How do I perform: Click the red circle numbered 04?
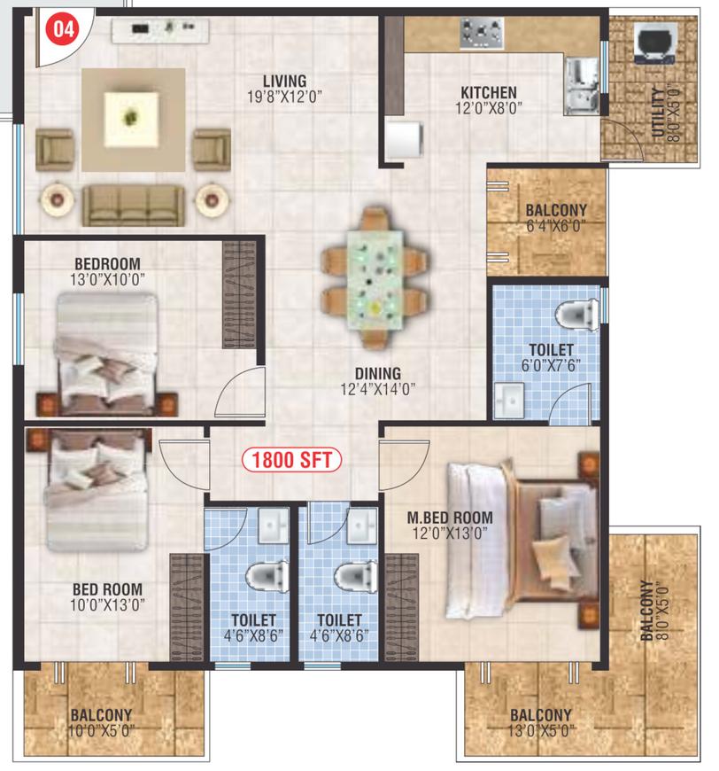(x=63, y=28)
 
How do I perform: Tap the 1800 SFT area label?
(x=292, y=460)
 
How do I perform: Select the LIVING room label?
(x=284, y=82)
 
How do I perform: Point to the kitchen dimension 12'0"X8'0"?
(x=489, y=108)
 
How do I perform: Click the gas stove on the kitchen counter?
(x=482, y=34)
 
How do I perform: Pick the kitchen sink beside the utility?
(x=582, y=86)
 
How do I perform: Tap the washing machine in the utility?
(x=655, y=43)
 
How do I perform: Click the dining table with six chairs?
(x=375, y=279)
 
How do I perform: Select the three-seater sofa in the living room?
(x=133, y=206)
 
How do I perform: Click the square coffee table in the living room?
(x=131, y=119)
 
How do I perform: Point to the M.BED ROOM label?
(x=450, y=518)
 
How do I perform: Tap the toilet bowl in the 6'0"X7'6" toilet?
(x=576, y=313)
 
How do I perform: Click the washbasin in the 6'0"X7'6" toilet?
(x=509, y=401)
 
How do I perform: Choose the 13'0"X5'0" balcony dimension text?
(x=541, y=731)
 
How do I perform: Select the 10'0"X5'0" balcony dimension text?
(x=101, y=731)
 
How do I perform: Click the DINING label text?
(x=378, y=374)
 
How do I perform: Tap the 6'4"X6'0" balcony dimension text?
(x=556, y=226)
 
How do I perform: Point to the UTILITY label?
(x=658, y=113)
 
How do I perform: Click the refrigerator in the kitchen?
(x=405, y=140)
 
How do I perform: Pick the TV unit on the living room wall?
(x=160, y=30)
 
